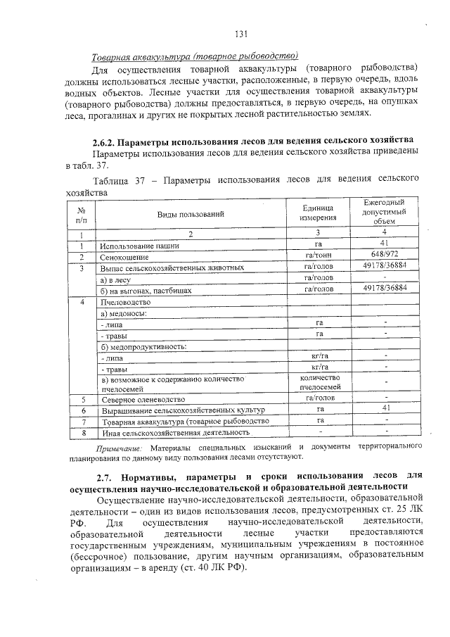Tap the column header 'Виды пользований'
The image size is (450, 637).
pos(191,213)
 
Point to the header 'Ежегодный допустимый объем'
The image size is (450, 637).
pos(385,212)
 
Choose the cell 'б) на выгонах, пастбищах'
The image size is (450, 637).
pos(150,289)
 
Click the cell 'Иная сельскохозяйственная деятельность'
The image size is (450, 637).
pos(175,431)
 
